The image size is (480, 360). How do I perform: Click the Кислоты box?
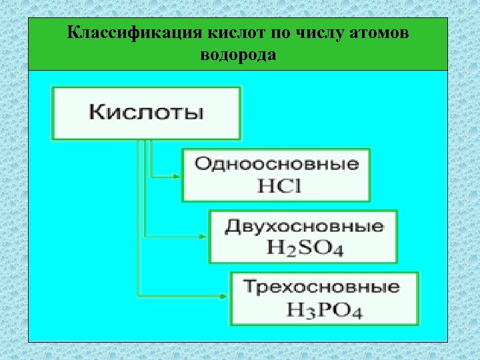[x=147, y=112]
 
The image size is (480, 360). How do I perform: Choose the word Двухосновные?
[x=304, y=226]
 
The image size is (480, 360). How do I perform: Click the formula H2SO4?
[x=304, y=249]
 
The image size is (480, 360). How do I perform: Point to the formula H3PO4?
[x=324, y=310]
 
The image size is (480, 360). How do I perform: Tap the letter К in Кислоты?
[x=97, y=112]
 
